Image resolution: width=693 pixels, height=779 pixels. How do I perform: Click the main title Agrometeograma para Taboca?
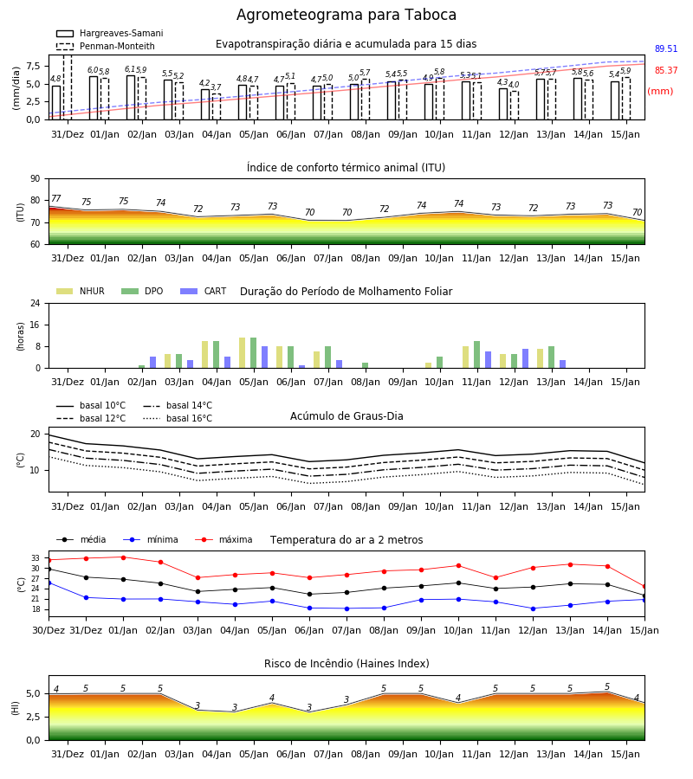coord(346,15)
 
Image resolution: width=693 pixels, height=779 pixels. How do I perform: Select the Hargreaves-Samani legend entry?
coord(109,33)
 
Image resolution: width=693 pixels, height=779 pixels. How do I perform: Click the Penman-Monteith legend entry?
coord(106,46)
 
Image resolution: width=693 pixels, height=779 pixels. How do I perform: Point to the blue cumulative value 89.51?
coord(665,48)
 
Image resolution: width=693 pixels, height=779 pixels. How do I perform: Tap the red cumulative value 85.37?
coord(665,71)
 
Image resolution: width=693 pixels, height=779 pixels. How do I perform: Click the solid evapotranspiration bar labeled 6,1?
coord(131,97)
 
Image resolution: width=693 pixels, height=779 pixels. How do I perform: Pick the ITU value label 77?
coord(55,199)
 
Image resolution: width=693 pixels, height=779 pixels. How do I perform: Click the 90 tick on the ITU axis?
coord(36,179)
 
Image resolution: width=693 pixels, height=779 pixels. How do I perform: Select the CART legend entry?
coord(203,291)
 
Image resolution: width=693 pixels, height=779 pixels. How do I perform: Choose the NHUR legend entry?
coord(81,291)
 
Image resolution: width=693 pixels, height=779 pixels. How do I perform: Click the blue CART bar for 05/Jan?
coord(264,357)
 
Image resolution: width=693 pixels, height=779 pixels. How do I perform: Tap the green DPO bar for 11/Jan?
coord(476,355)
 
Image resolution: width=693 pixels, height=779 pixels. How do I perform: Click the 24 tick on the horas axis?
coord(36,303)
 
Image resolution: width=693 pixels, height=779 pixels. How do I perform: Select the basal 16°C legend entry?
coord(178,418)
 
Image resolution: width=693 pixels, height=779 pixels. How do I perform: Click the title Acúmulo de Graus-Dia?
coord(346,416)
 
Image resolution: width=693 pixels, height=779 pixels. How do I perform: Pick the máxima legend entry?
coord(223,539)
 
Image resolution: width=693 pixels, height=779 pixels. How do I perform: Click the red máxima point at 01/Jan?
coord(123,557)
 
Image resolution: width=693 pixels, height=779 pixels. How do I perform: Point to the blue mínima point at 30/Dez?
coord(49,583)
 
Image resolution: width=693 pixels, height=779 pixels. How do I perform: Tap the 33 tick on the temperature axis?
coord(36,558)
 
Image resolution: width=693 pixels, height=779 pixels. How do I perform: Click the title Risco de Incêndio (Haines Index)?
coord(346,664)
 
